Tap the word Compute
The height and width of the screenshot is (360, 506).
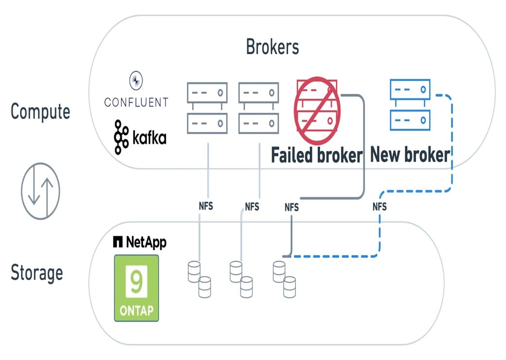(x=40, y=111)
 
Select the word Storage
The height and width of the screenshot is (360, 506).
(x=37, y=272)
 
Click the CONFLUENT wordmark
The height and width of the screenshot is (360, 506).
(x=136, y=102)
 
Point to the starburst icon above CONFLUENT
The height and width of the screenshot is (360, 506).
(x=135, y=80)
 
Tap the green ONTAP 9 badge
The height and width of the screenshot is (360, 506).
(x=137, y=288)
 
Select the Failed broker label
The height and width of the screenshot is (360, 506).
(x=317, y=156)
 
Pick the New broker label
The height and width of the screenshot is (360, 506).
(x=410, y=155)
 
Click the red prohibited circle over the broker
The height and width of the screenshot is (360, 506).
(x=317, y=105)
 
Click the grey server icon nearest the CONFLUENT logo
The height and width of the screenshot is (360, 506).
(x=207, y=108)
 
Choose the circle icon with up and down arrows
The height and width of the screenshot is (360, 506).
(x=40, y=191)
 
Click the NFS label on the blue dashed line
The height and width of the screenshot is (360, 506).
(x=379, y=207)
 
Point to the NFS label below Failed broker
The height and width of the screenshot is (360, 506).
(x=291, y=207)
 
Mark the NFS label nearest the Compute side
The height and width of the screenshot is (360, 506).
(x=206, y=206)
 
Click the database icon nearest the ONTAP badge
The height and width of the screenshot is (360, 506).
(x=199, y=279)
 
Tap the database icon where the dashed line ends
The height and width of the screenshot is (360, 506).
(x=284, y=279)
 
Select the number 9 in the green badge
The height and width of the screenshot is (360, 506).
(x=136, y=281)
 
